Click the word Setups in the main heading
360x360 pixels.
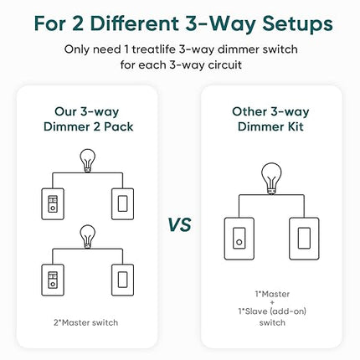297,24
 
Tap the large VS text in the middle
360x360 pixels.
180,224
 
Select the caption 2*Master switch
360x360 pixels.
86,322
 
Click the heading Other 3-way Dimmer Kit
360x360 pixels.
270,119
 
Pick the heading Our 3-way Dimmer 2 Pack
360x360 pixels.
88,119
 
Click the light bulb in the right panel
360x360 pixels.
271,178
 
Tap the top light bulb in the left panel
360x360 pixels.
88,161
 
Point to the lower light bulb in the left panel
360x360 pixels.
88,237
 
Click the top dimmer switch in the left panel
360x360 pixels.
53,204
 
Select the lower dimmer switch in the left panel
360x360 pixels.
53,280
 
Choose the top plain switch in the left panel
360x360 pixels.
122,204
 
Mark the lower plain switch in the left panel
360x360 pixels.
122,280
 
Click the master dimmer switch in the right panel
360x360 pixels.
239,239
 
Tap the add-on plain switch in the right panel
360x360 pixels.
304,239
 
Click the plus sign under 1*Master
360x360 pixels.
272,302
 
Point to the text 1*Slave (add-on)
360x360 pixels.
272,311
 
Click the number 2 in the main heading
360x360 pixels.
77,23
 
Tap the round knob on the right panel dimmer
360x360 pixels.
239,242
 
